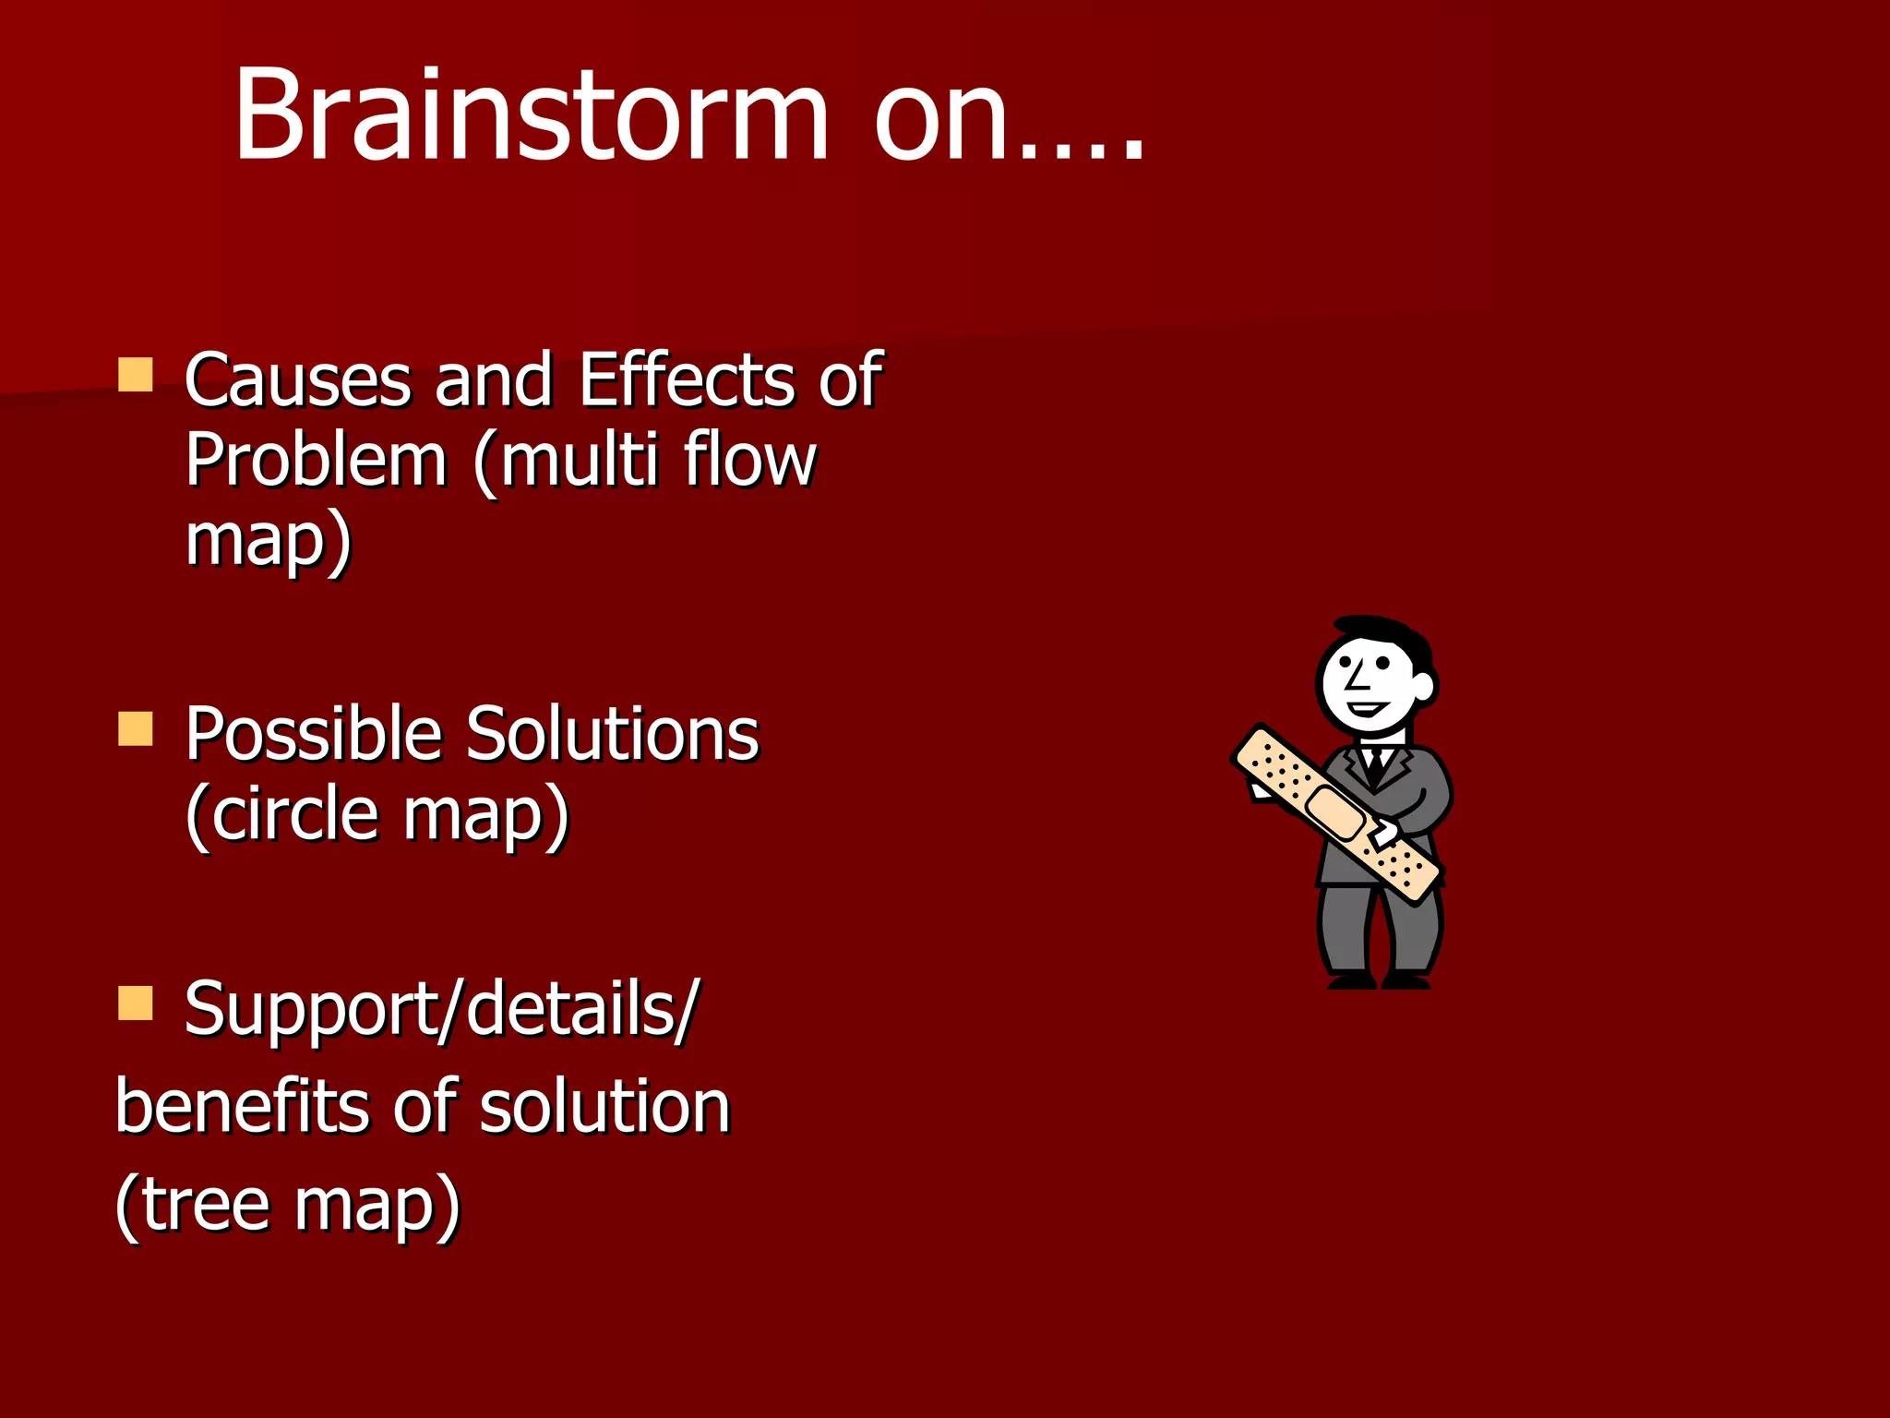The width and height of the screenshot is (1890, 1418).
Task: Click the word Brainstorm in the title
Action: (531, 115)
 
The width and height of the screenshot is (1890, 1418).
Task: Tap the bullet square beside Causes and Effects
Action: (136, 376)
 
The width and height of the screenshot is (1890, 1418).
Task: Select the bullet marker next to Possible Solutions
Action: (136, 728)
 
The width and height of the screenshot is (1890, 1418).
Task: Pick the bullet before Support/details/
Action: (136, 1003)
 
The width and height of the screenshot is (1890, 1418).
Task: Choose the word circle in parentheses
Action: (295, 814)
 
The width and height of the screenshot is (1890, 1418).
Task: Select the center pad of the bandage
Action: (1335, 811)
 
